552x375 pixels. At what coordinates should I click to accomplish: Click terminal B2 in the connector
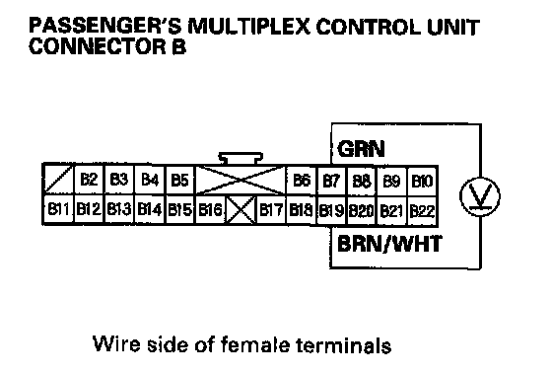click(89, 180)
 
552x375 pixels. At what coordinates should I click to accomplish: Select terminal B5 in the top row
click(179, 180)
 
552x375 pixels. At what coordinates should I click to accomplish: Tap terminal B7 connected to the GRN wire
click(331, 182)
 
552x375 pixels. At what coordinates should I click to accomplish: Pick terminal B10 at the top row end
click(422, 182)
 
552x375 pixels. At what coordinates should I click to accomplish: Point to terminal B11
click(58, 209)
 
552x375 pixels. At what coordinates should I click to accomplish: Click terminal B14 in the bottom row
click(149, 209)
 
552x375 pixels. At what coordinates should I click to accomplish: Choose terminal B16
click(210, 210)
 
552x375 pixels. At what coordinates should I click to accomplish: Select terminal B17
click(271, 210)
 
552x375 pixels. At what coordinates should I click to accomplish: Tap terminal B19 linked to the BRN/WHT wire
click(331, 210)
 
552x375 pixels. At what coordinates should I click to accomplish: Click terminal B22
click(422, 211)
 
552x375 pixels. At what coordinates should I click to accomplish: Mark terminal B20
click(362, 210)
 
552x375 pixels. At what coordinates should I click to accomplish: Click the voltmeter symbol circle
click(480, 196)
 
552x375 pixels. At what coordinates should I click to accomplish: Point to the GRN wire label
click(361, 148)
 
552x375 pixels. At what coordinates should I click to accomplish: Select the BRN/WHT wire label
click(389, 243)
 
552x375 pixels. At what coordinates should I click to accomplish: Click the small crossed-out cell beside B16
click(241, 210)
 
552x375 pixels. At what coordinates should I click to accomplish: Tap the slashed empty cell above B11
click(58, 179)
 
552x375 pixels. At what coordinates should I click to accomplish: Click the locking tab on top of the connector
click(241, 159)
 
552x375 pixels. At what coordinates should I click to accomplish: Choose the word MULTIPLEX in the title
click(248, 27)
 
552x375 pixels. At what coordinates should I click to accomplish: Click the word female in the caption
click(255, 344)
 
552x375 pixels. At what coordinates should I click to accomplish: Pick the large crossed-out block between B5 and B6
click(241, 181)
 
